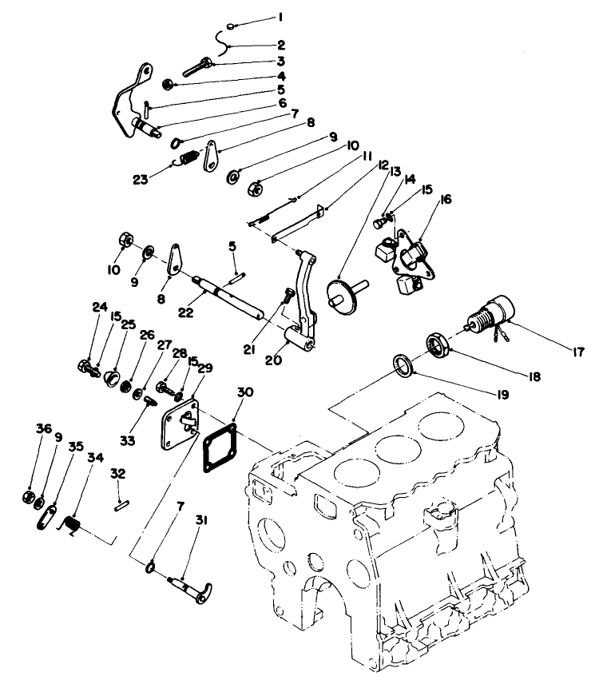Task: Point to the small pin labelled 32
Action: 120,503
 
